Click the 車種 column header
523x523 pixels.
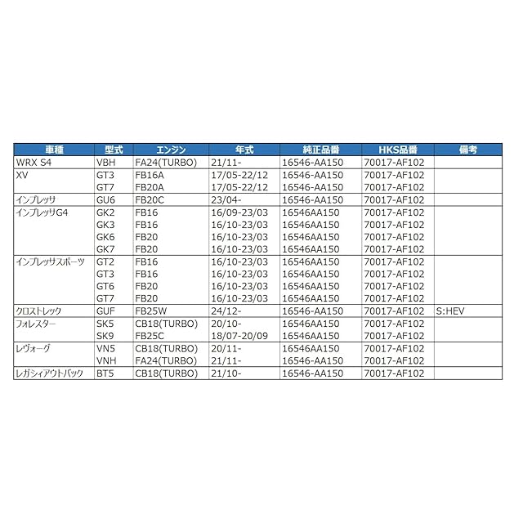54,150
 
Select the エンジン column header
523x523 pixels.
172,150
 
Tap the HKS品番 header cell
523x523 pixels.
397,150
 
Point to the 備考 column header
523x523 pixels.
468,150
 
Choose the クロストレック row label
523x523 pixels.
41,311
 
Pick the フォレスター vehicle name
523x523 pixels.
38,324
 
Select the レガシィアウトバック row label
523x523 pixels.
49,373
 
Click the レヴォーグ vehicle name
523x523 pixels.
34,348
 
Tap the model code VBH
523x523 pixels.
106,163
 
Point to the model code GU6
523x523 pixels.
105,199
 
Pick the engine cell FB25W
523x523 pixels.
151,311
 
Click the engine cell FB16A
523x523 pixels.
150,175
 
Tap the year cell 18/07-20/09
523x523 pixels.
239,336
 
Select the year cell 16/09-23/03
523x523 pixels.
239,212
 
